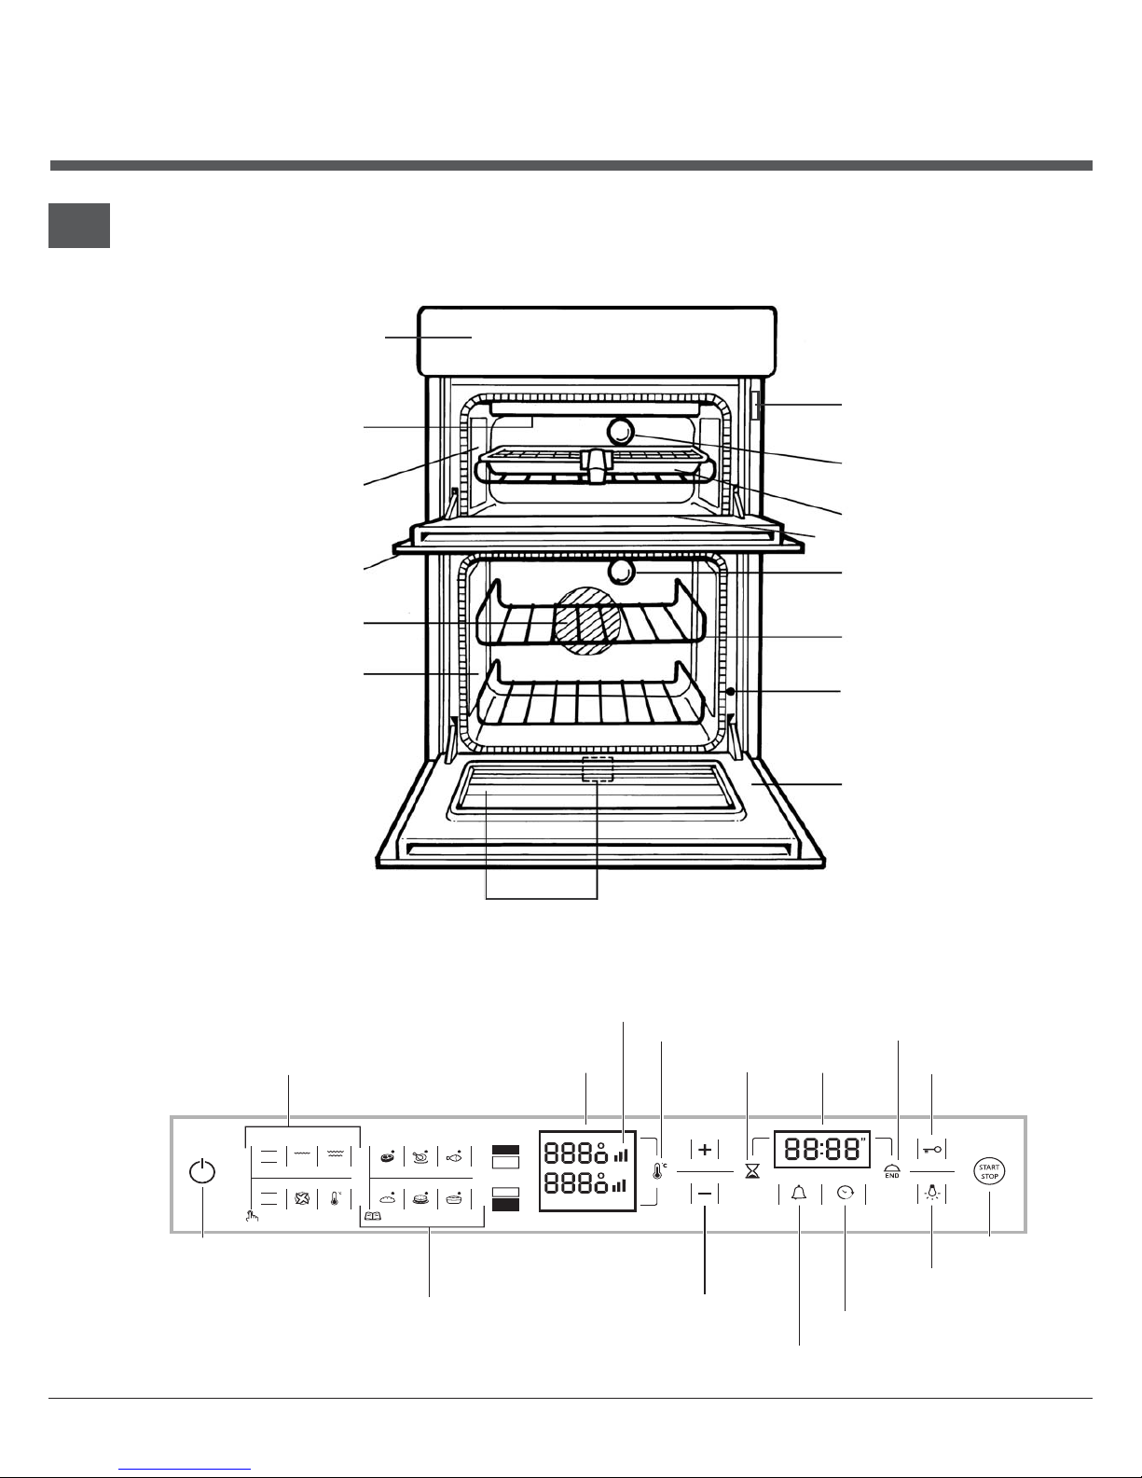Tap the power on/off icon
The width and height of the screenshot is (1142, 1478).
[x=202, y=1172]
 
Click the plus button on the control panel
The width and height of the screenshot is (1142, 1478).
[x=705, y=1150]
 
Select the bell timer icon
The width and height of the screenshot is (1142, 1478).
[x=800, y=1193]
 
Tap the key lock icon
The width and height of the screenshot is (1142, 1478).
[x=932, y=1150]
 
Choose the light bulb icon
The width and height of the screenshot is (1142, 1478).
[x=932, y=1192]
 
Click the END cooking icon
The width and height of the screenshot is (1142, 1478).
[x=892, y=1170]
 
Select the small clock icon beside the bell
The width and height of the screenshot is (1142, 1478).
[x=846, y=1193]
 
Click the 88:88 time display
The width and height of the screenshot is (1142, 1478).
[x=822, y=1150]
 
